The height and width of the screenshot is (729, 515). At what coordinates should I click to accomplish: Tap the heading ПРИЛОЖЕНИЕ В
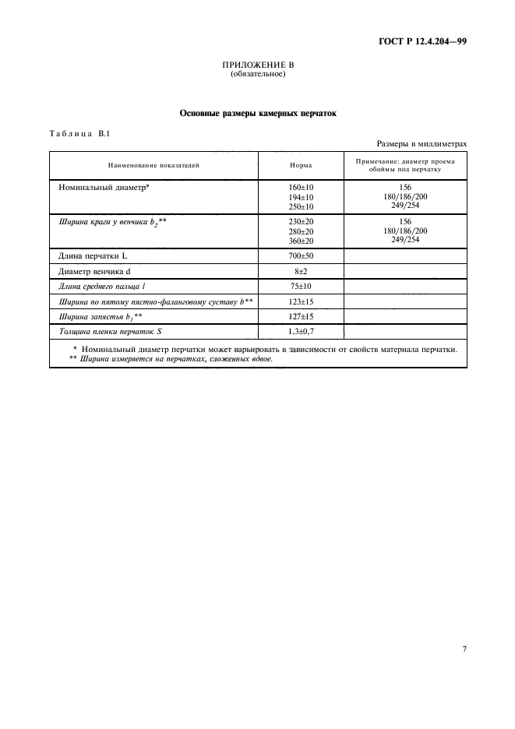pos(257,65)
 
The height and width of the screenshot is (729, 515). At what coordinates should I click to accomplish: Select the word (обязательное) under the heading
pos(257,75)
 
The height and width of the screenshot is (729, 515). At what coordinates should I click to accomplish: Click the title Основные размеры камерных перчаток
pos(257,113)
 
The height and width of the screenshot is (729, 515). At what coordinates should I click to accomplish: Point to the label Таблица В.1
pos(80,133)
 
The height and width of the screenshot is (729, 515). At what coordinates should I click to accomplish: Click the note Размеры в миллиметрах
pos(422,143)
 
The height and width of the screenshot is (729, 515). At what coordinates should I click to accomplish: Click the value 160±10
pos(301,188)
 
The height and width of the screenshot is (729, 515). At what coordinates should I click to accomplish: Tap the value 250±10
pos(301,206)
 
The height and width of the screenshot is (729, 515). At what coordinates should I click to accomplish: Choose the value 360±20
pos(301,241)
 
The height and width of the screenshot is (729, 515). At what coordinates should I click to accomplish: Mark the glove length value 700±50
pos(301,256)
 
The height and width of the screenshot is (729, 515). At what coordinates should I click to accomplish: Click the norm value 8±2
pos(301,272)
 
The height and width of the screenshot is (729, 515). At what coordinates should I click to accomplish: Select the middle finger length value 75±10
pos(301,287)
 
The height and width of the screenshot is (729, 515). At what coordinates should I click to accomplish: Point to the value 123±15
pos(301,301)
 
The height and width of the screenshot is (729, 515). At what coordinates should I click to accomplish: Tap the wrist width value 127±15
pos(301,317)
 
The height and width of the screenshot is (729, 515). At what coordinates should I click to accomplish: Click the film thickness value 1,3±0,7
pos(301,332)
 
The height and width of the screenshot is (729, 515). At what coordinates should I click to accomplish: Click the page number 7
pos(464,648)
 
